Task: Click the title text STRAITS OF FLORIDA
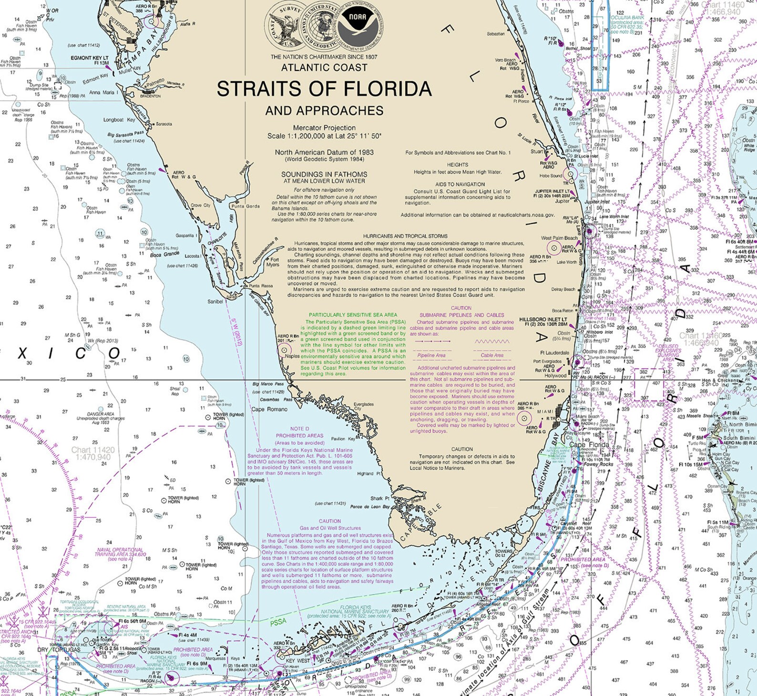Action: coord(324,89)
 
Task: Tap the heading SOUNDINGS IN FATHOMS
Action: coord(324,174)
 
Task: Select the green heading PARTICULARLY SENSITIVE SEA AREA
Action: coord(353,315)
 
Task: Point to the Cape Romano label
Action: coord(270,409)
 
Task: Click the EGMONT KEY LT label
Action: coord(90,58)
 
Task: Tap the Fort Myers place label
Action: coord(273,262)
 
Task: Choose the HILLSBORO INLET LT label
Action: coord(543,319)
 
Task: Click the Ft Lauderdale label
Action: coord(554,353)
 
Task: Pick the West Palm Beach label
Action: coord(559,238)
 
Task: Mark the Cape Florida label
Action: coord(589,445)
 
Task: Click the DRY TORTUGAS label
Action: coord(59,650)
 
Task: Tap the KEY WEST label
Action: coord(297,661)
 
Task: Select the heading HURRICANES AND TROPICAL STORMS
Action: coord(405,236)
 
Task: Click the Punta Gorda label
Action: coord(245,206)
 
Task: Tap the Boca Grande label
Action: coord(164,255)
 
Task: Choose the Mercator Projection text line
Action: coord(324,128)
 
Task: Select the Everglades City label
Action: coord(364,406)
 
